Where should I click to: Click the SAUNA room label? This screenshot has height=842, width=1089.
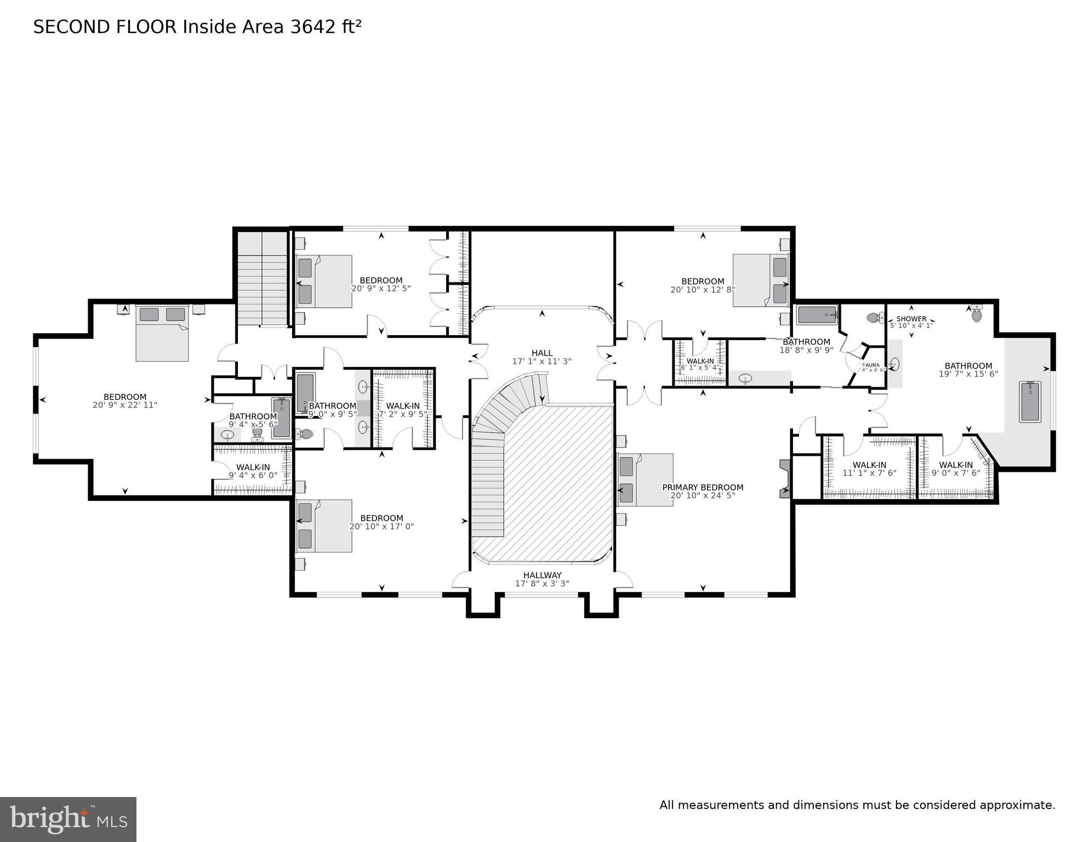pyautogui.click(x=870, y=365)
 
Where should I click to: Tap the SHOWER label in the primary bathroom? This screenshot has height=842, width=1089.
pyautogui.click(x=911, y=319)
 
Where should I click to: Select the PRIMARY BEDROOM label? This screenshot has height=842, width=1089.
pyautogui.click(x=703, y=487)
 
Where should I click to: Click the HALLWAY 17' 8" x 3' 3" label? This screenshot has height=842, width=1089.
pyautogui.click(x=542, y=579)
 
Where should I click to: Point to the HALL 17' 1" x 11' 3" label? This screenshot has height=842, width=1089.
pyautogui.click(x=541, y=357)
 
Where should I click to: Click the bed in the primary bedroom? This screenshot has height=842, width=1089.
pyautogui.click(x=645, y=479)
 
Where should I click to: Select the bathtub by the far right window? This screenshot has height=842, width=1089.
pyautogui.click(x=1030, y=402)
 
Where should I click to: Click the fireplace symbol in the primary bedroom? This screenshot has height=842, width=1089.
pyautogui.click(x=785, y=479)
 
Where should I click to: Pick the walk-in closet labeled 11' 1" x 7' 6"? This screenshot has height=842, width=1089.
pyautogui.click(x=869, y=468)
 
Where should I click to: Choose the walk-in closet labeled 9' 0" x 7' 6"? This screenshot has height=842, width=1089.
pyautogui.click(x=956, y=468)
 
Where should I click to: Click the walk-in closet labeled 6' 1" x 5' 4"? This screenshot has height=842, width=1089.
pyautogui.click(x=700, y=364)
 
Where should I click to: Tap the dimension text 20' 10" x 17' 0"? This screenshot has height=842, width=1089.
pyautogui.click(x=381, y=527)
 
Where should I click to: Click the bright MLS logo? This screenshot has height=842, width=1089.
pyautogui.click(x=68, y=820)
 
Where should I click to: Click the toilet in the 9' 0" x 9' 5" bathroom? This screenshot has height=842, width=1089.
pyautogui.click(x=305, y=434)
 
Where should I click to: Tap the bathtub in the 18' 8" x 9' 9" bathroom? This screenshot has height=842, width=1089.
pyautogui.click(x=817, y=315)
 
